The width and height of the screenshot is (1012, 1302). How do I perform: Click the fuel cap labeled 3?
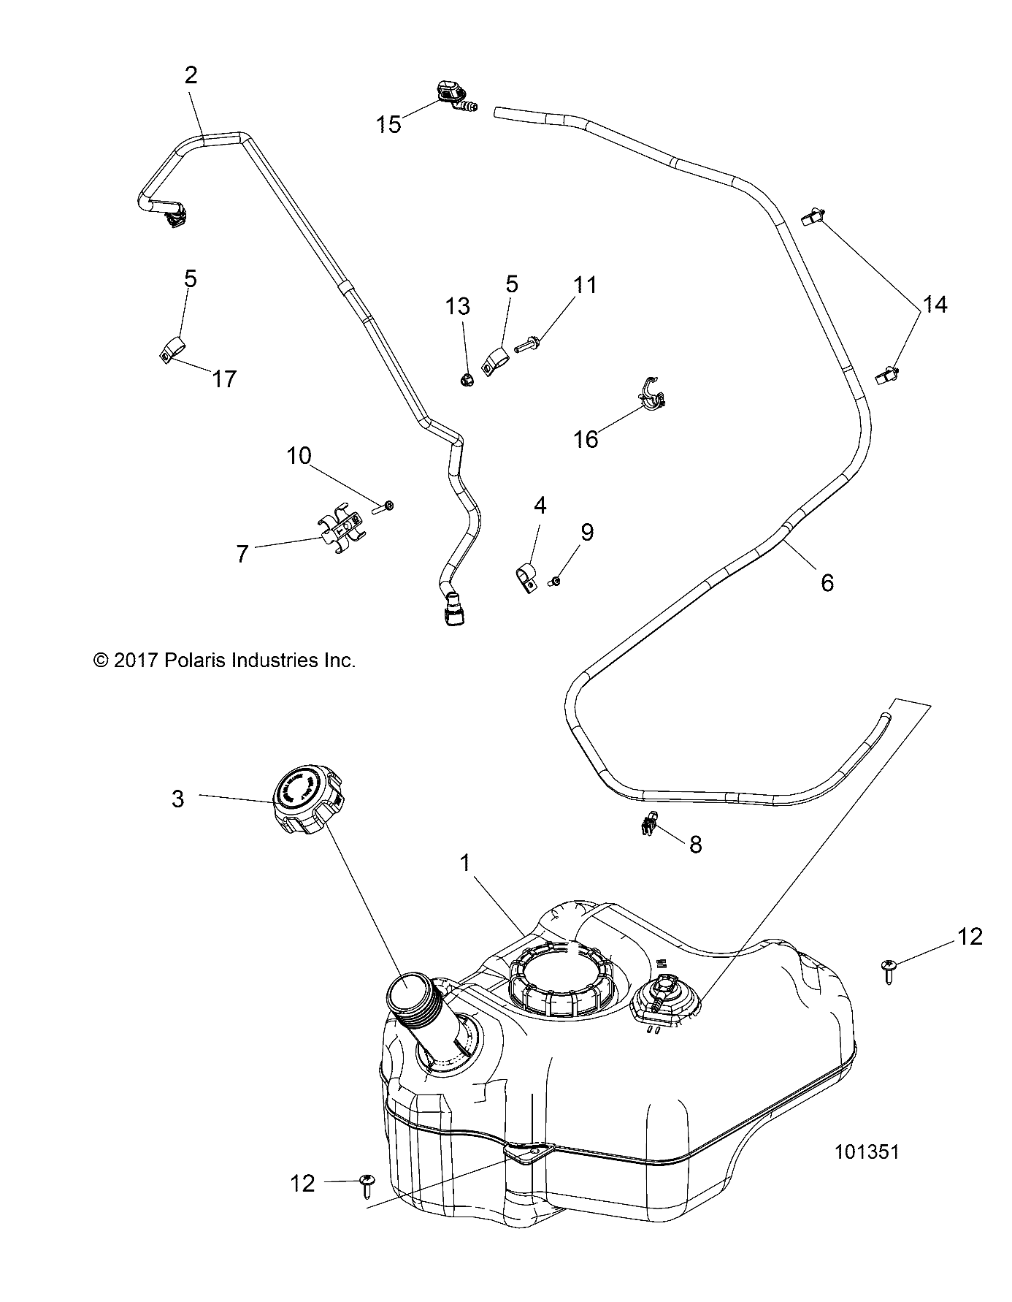tap(305, 798)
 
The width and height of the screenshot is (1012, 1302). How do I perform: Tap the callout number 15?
tap(389, 124)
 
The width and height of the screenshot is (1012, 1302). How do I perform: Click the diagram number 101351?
tap(867, 1172)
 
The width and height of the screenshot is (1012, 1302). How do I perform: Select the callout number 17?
tap(224, 378)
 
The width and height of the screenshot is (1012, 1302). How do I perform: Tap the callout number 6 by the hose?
tap(827, 582)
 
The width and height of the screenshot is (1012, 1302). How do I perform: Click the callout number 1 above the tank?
tap(464, 863)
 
